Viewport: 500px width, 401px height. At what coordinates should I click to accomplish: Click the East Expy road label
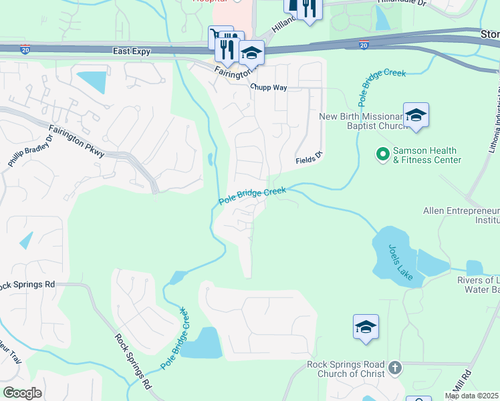point(132,51)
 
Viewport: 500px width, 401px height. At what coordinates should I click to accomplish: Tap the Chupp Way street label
point(268,88)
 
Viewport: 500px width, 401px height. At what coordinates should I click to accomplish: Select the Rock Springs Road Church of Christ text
point(346,369)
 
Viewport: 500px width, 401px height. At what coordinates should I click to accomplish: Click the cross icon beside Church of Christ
point(395,368)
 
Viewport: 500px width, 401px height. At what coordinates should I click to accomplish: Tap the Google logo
point(22,393)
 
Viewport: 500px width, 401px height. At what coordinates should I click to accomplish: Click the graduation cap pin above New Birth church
point(416,116)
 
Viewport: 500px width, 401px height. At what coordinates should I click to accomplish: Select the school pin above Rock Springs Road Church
point(366,327)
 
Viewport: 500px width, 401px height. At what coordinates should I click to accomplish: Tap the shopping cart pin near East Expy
point(220,37)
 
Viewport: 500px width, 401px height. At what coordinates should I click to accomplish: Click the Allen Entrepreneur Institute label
point(461,215)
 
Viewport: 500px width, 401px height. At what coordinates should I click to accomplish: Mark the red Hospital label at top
point(206,1)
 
